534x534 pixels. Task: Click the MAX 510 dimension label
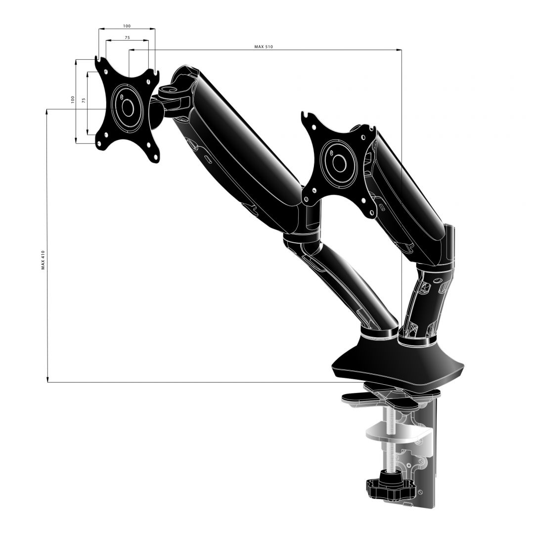click(264, 47)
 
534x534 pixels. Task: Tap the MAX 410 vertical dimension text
click(43, 259)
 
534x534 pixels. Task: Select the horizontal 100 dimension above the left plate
click(127, 26)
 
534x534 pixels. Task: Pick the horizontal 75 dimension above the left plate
click(127, 38)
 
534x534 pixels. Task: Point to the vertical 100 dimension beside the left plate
click(72, 99)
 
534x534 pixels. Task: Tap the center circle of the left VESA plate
click(128, 108)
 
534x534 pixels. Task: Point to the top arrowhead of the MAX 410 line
click(47, 111)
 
